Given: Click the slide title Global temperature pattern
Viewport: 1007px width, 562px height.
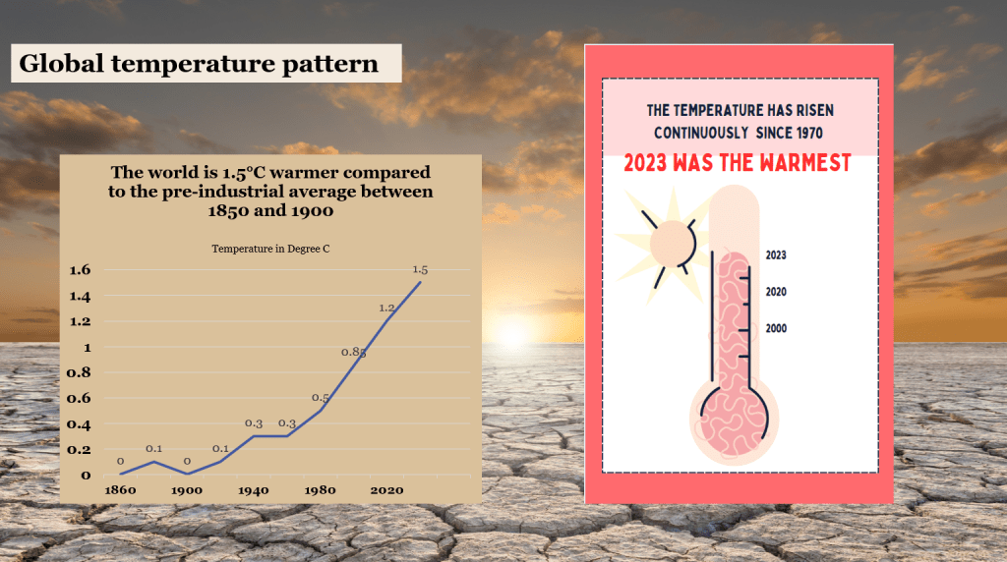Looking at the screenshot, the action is click(199, 64).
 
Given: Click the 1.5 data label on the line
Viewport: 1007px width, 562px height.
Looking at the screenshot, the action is click(420, 269).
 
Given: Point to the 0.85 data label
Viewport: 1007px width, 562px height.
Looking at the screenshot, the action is click(353, 352).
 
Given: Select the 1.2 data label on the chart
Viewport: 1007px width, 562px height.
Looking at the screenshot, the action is click(386, 308).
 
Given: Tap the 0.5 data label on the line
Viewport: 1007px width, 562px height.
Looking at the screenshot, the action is click(320, 398).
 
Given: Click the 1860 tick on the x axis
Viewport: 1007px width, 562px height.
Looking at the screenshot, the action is click(120, 490).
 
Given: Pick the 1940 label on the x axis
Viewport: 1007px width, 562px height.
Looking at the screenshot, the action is click(254, 490).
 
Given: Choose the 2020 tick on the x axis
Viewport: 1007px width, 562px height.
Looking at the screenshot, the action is click(386, 490).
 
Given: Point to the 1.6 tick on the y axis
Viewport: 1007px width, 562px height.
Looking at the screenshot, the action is click(81, 269).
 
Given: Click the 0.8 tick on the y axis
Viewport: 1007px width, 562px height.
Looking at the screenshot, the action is click(79, 372).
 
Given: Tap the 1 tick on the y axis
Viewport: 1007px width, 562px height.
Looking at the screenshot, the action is click(88, 348).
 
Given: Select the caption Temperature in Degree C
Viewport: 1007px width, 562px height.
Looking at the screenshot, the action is click(270, 249).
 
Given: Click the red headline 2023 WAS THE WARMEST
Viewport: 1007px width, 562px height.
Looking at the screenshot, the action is click(738, 163).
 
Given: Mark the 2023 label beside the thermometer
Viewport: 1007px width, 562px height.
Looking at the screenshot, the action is click(776, 255).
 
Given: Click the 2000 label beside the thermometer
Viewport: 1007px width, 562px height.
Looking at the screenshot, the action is click(776, 328).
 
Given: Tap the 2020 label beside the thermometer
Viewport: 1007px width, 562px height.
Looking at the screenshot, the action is click(776, 292).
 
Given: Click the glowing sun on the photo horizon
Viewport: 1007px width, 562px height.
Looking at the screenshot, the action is click(511, 334).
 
